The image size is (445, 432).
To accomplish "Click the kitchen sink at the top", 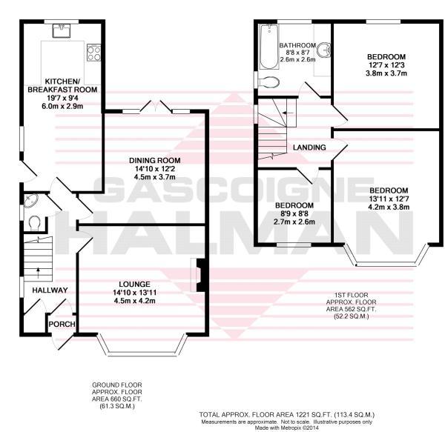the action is [62, 30].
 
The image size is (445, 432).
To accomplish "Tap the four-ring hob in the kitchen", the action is [94, 53].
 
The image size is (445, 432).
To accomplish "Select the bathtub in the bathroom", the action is [269, 47].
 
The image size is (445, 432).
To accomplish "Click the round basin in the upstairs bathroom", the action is [324, 50].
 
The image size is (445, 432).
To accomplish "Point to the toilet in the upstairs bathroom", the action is [268, 82].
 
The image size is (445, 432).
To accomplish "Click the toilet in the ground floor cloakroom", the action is [35, 223].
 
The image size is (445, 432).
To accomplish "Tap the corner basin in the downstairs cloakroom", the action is [30, 201].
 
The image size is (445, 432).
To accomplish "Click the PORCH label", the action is [62, 324].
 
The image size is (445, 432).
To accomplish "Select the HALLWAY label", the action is [50, 290].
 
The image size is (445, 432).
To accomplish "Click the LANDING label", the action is [309, 147].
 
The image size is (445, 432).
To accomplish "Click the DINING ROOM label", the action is [155, 161].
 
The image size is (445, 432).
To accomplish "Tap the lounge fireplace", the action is [197, 275].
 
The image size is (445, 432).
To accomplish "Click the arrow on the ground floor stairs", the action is [38, 273].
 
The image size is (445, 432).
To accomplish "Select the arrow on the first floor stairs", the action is [289, 113].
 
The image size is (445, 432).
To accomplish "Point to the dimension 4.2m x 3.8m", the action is [389, 207].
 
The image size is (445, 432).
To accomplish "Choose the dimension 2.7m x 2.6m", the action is [294, 222].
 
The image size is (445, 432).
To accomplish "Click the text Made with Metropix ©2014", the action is [286, 428].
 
